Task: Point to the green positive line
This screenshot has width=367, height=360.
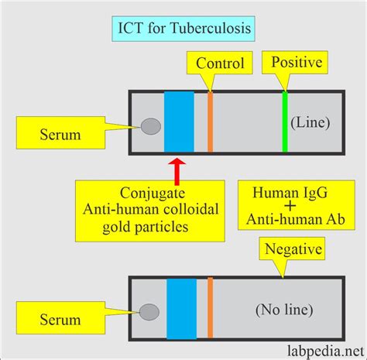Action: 285,122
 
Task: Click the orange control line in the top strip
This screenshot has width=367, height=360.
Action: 210,122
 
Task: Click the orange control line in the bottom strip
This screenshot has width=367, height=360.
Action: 210,310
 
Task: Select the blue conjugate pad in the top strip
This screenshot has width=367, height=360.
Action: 179,122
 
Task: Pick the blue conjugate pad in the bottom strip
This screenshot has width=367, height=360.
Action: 182,310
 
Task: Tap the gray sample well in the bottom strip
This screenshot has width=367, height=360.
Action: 149,312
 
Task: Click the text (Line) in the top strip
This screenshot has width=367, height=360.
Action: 310,122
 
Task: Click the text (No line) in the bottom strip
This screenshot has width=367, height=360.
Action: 283,310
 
